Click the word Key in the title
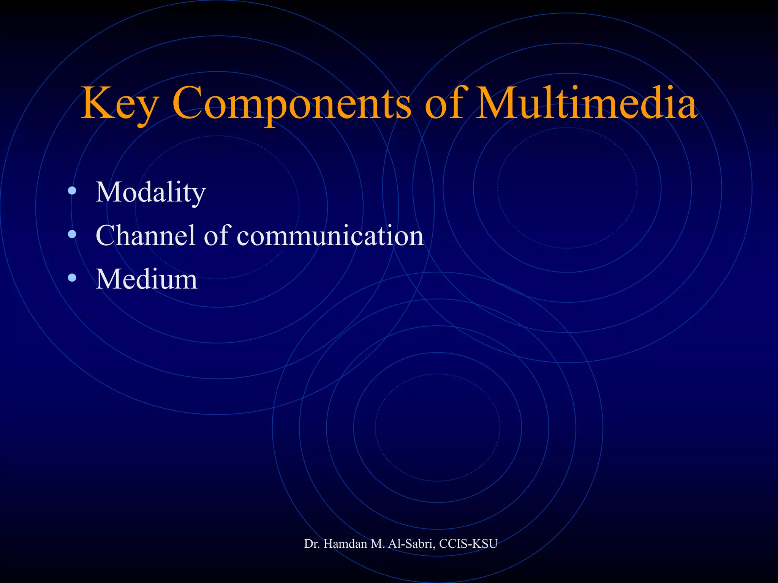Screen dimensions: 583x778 coord(119,103)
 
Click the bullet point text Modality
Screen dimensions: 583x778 coord(150,192)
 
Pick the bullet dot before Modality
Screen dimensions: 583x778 coord(72,191)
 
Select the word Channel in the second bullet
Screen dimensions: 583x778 coord(145,235)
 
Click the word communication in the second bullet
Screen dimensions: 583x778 coord(330,235)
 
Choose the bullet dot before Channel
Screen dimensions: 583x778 coord(72,235)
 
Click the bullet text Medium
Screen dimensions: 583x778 coord(146,279)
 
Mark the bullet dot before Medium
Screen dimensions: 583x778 coord(72,279)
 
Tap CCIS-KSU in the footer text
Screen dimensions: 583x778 coord(468,544)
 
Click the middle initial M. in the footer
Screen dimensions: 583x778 coord(378,544)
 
